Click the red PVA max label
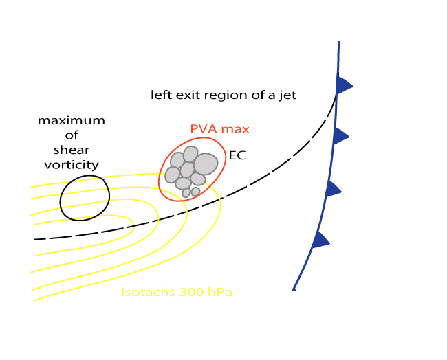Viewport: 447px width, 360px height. tap(219, 128)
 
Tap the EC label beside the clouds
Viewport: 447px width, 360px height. tap(237, 156)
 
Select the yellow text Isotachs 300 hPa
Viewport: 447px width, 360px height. tap(177, 293)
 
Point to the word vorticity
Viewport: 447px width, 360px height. tap(72, 165)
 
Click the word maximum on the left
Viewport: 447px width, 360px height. tap(72, 121)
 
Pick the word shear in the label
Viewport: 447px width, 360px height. tap(72, 150)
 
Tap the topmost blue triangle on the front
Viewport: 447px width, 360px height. tap(344, 85)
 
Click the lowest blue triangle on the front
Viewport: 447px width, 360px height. tap(320, 240)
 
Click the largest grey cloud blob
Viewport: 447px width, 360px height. tap(206, 164)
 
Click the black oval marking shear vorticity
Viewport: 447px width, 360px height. tap(85, 198)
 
